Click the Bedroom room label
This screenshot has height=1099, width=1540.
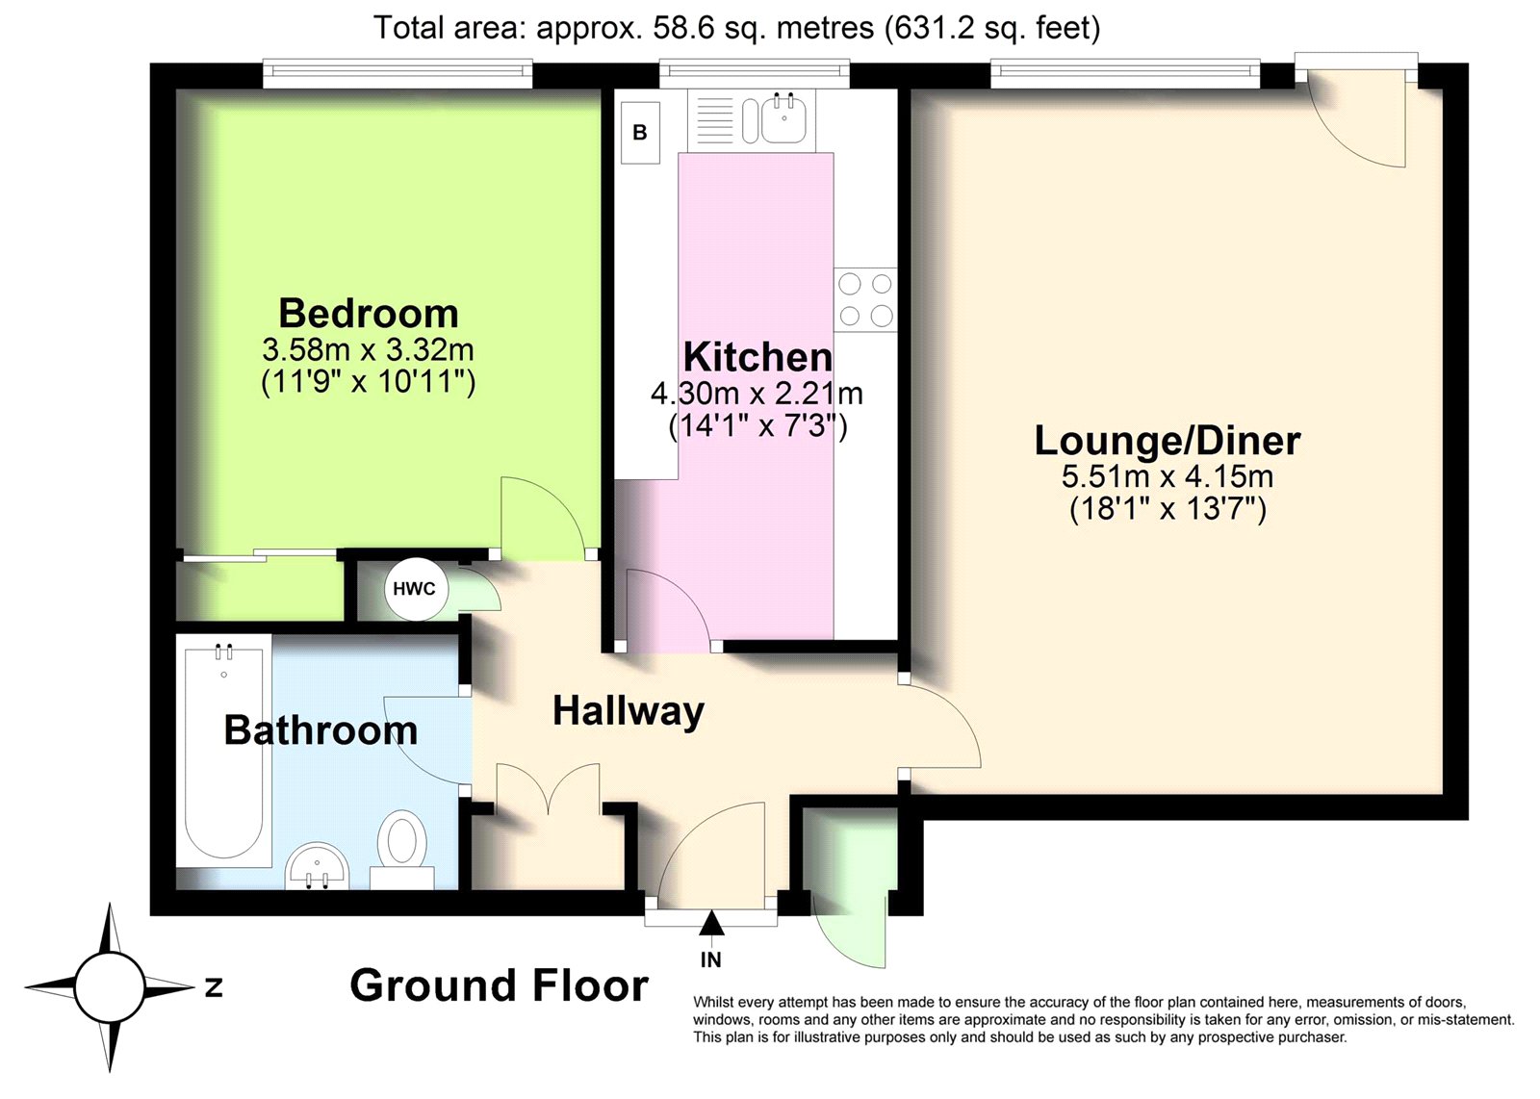tap(369, 314)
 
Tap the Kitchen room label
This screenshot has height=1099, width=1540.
tap(757, 357)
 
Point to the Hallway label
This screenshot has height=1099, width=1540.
tap(629, 712)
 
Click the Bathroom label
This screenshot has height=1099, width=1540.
tap(321, 729)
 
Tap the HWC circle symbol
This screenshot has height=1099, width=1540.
tap(415, 589)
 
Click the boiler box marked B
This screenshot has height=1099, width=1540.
tap(640, 133)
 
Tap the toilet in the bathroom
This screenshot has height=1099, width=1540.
tap(403, 849)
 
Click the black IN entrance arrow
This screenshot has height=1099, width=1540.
tap(711, 923)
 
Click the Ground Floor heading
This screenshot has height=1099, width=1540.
tap(500, 985)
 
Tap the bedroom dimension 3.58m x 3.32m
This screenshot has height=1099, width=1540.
tap(368, 350)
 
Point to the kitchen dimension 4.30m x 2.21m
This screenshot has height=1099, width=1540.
tap(757, 394)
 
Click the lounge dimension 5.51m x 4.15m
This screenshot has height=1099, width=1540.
tap(1168, 475)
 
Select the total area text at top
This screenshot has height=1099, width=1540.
tap(736, 29)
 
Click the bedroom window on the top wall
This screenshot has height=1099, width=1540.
tap(398, 73)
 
